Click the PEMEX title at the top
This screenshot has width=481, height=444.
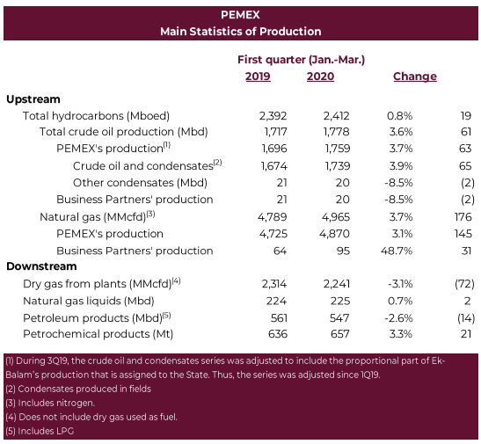(x=240, y=15)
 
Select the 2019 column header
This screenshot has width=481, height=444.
(x=258, y=76)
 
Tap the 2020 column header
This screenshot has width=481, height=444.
(x=320, y=76)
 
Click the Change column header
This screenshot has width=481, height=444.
(x=415, y=76)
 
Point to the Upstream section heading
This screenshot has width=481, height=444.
(x=33, y=99)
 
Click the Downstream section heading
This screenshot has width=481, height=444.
(x=41, y=266)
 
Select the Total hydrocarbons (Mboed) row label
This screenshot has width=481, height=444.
(x=96, y=116)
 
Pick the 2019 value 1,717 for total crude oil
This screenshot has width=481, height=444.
(x=276, y=132)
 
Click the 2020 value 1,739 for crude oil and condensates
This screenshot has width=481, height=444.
(x=338, y=166)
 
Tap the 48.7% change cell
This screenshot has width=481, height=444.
(x=397, y=251)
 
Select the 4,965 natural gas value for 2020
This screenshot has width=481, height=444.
(x=336, y=217)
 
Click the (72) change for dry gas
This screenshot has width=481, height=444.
(x=465, y=284)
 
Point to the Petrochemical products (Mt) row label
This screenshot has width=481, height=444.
(x=98, y=334)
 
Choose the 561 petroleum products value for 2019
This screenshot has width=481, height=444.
(x=279, y=318)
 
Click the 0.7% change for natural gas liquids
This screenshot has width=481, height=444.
(x=400, y=301)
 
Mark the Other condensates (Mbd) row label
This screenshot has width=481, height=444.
(x=140, y=183)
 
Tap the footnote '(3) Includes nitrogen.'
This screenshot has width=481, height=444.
(x=50, y=403)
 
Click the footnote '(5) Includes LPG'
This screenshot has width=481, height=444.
(x=40, y=431)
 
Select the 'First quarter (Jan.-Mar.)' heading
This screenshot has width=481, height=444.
(x=302, y=60)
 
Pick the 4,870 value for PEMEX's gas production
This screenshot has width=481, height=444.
(x=334, y=234)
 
